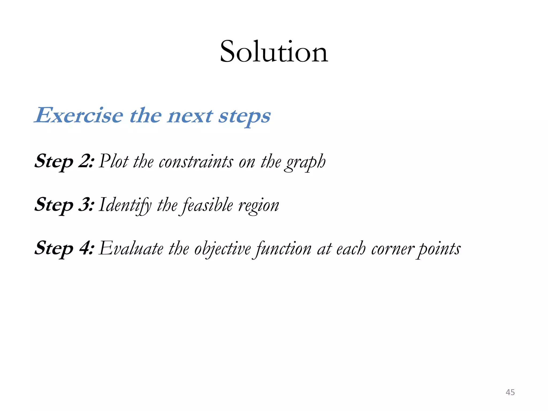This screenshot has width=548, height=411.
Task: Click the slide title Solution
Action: [274, 52]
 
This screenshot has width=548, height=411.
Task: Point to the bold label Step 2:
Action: [64, 161]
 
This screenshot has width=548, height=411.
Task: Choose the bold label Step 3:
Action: [64, 205]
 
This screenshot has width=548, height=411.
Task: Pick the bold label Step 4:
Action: [64, 248]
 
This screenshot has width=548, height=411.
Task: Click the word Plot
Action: [114, 161]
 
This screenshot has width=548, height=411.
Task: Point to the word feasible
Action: [208, 205]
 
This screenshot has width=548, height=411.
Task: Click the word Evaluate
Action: [131, 249]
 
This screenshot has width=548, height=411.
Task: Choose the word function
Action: [283, 249]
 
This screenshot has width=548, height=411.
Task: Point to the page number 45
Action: [510, 392]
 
